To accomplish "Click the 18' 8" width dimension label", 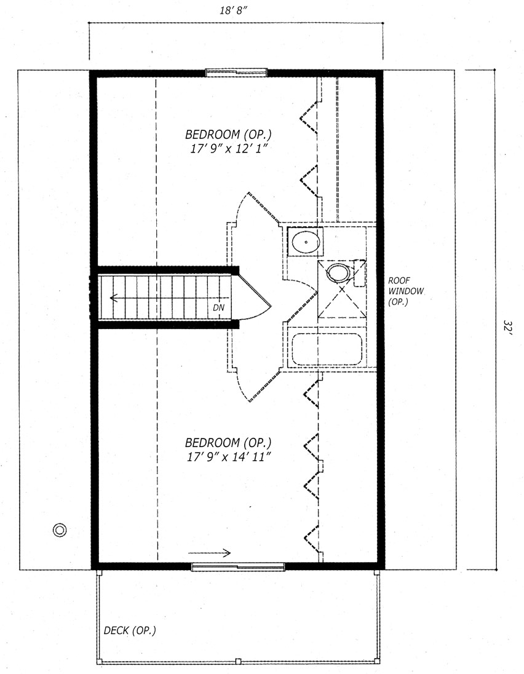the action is point(234,10).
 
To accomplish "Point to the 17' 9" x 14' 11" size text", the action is point(229,456).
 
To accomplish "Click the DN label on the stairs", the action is point(218,307).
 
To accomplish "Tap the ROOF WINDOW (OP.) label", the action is point(405,291).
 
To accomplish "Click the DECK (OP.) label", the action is point(130,630).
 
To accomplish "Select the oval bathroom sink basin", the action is point(306,242).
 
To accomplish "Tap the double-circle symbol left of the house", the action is point(60,529).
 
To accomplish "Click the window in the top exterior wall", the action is point(236,72).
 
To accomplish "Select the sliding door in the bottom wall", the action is point(238,566).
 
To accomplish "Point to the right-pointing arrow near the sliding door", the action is point(210,553).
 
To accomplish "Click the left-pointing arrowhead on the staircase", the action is point(114,298).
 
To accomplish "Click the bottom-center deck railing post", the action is point(239,661).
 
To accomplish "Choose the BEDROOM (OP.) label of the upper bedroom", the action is point(228,134).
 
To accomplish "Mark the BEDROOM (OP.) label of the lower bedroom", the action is point(228,442).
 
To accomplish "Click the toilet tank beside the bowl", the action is point(359,273).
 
